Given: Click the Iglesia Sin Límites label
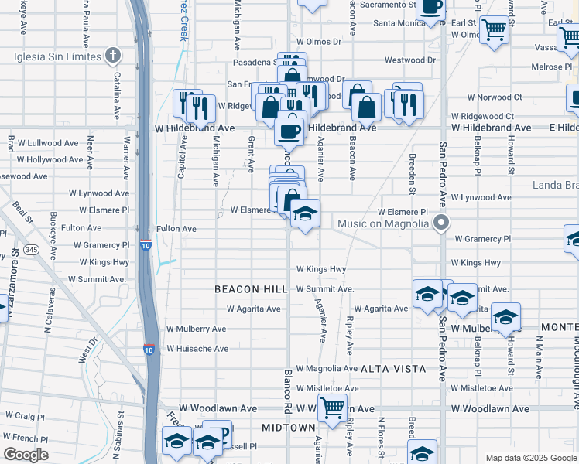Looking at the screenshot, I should [x=57, y=56].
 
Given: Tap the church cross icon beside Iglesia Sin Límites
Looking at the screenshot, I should [x=114, y=56].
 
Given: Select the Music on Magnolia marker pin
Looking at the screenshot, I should [x=442, y=223].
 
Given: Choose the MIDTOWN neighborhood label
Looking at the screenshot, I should [x=288, y=428].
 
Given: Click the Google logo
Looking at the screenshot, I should [x=26, y=455].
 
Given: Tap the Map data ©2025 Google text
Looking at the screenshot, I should [x=530, y=458].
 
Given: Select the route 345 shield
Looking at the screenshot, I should [x=32, y=250].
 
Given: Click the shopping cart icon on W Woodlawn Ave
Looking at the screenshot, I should [x=333, y=406].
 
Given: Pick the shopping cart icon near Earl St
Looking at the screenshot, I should [x=494, y=30].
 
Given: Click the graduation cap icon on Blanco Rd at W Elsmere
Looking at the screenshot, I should [x=305, y=213].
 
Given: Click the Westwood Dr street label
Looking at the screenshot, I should [x=410, y=60].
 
